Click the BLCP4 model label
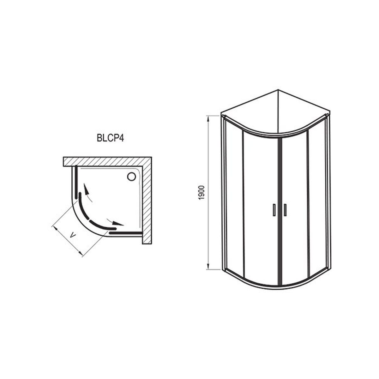click(110, 138)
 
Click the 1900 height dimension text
click(202, 193)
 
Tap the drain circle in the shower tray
click(131, 177)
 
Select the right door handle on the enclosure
click(285, 210)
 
